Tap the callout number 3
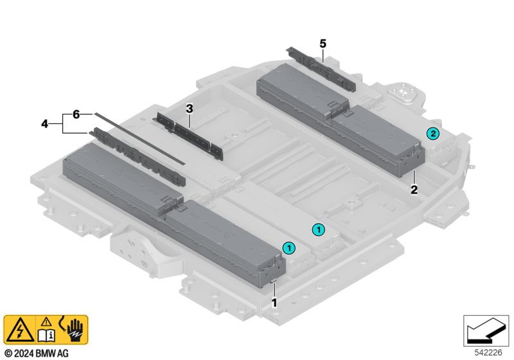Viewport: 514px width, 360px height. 190,109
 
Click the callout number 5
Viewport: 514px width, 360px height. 323,43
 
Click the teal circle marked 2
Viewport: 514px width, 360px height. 433,133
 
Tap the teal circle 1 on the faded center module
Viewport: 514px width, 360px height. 318,228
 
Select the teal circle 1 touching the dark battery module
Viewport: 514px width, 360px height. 289,247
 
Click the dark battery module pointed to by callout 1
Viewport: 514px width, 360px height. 218,241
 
